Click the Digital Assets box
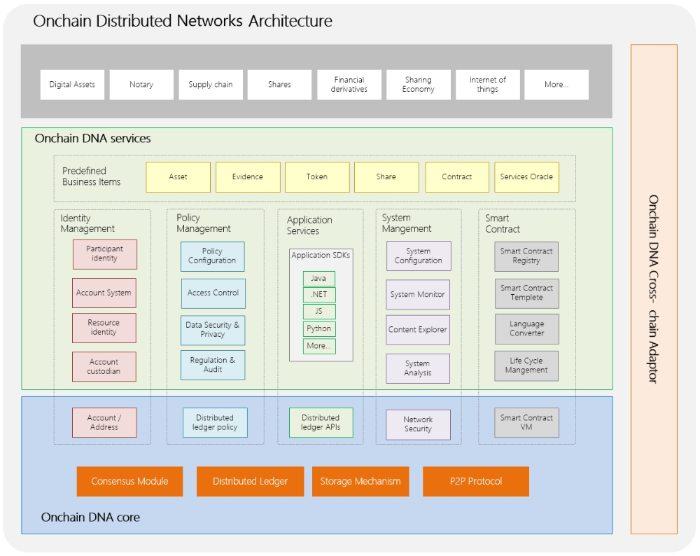coord(72,85)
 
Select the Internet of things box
coord(487,85)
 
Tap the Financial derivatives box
coord(349,85)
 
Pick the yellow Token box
coord(317,177)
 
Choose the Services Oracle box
coord(526,177)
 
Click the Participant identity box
coord(104,254)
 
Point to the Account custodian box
coord(104,367)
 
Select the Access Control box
coord(213,293)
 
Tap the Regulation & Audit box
coord(213,365)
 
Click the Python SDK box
coord(319,329)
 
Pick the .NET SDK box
coord(319,295)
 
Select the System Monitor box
coord(418,295)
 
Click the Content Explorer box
coord(418,330)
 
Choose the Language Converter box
coord(526,329)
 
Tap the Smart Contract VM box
coord(526,423)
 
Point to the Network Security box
coord(418,424)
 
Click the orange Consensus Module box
coord(129,482)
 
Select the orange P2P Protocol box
coord(476,482)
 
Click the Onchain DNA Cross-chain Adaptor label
coord(653,289)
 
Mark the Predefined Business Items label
coord(92,176)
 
